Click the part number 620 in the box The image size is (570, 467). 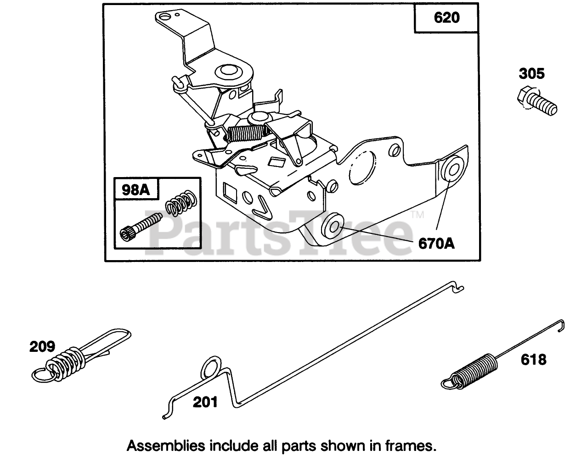(446, 18)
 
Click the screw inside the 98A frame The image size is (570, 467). (140, 226)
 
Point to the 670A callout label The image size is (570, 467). (436, 243)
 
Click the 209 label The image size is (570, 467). (42, 346)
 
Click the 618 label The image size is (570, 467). (533, 359)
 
